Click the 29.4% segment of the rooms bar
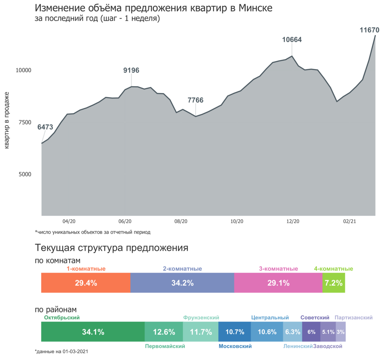pos(85,283)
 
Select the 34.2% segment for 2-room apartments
pos(182,283)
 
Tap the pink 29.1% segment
pos(278,283)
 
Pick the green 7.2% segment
pos(334,283)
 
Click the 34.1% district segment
pos(93,332)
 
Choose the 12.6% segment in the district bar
pos(164,332)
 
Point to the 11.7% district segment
pos(201,332)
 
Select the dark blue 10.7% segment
pos(234,332)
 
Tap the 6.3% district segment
pos(292,332)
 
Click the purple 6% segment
pos(311,332)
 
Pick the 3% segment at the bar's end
pos(341,332)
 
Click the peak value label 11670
pos(369,30)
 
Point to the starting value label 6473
pos(45,127)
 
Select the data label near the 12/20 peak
pos(292,40)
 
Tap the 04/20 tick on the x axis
pos(69,221)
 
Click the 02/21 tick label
pos(349,221)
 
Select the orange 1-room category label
pos(86,269)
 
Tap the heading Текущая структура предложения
pos(111,248)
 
